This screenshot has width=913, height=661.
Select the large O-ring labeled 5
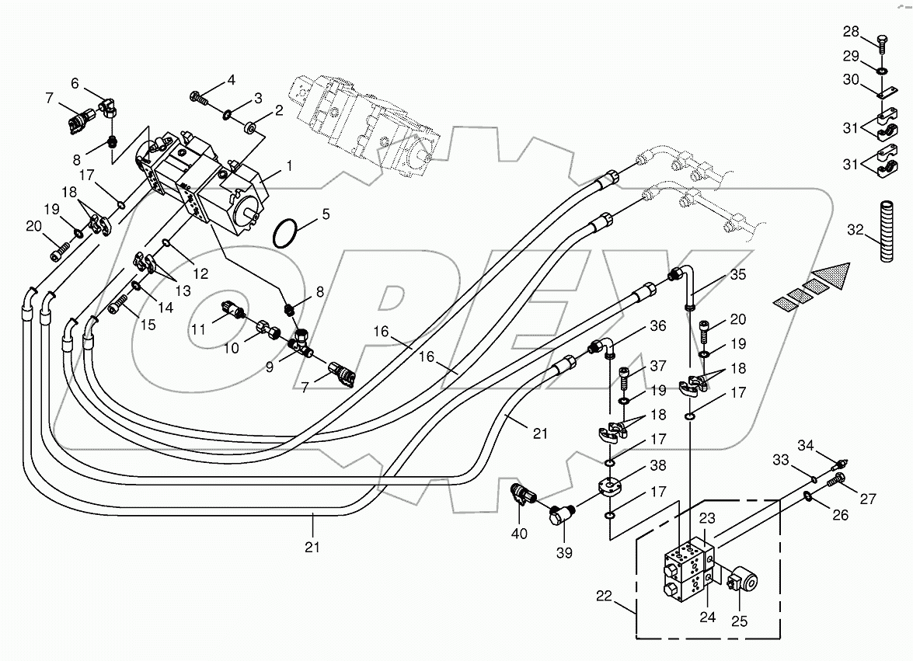pyautogui.click(x=286, y=232)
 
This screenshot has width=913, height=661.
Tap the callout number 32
pyautogui.click(x=854, y=230)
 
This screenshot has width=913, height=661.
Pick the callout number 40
pyautogui.click(x=520, y=534)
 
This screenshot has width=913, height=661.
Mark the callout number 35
pyautogui.click(x=737, y=274)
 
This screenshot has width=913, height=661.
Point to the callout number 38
pyautogui.click(x=658, y=466)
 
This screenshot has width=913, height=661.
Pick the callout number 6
pyautogui.click(x=75, y=83)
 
